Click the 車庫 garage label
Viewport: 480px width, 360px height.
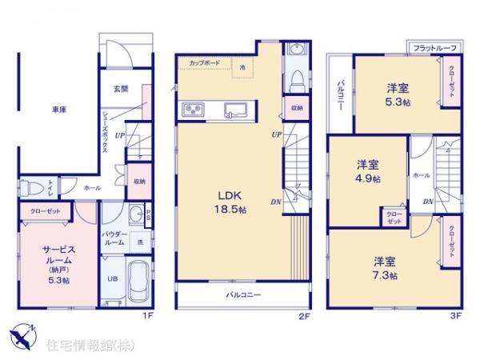[58, 110]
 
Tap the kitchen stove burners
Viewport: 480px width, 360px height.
[195, 110]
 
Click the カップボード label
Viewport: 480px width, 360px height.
[206, 61]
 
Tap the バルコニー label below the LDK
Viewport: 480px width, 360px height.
[242, 296]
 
